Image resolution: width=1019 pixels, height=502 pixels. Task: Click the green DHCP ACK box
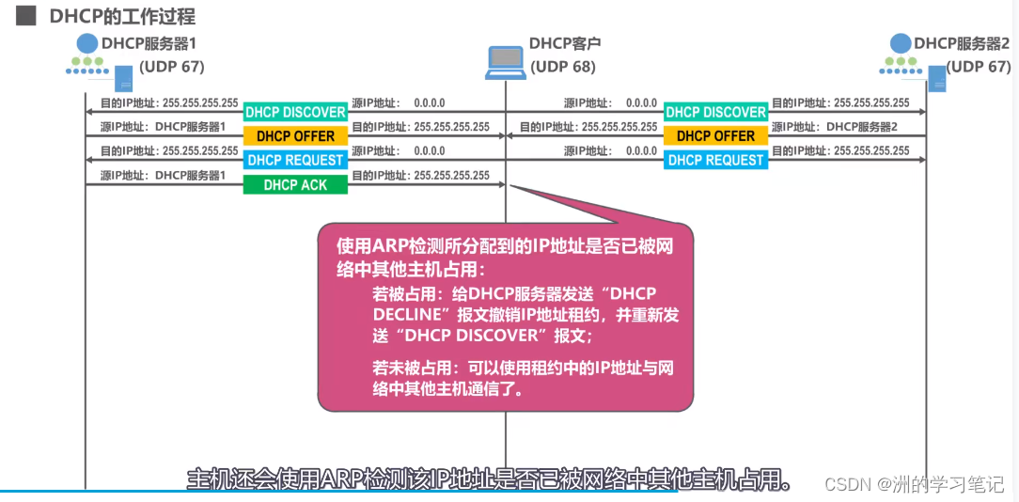tap(295, 185)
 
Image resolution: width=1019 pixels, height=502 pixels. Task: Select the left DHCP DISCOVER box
tap(295, 113)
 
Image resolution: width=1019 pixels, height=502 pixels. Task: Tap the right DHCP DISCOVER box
tap(715, 113)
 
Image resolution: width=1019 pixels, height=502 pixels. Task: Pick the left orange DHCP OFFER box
tap(295, 136)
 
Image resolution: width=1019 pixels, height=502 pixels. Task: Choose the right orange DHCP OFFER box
tap(715, 136)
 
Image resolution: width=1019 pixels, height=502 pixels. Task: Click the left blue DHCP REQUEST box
tap(295, 161)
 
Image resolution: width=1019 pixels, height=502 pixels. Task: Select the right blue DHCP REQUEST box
tap(715, 161)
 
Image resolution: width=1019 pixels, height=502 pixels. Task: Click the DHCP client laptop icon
tap(505, 62)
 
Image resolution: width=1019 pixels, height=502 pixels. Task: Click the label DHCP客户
tap(564, 43)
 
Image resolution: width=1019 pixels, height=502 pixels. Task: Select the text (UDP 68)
tap(563, 67)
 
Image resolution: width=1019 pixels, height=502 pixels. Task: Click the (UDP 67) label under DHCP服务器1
tap(171, 67)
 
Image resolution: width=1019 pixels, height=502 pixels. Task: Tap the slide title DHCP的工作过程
tap(122, 17)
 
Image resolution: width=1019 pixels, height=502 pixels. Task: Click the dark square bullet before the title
tap(25, 16)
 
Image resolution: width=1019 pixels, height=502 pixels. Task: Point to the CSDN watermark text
tap(914, 483)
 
